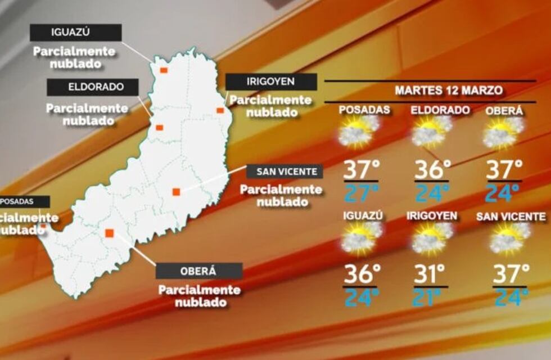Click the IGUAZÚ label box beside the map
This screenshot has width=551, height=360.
[x=75, y=32]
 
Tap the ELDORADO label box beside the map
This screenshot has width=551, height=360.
[x=92, y=87]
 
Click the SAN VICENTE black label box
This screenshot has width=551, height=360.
[x=284, y=172]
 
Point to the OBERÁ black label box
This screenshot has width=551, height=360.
[x=198, y=271]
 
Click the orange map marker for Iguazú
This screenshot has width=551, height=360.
[x=163, y=70]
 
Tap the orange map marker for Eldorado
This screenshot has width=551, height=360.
[x=159, y=128]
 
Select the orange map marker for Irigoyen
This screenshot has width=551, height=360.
[x=220, y=110]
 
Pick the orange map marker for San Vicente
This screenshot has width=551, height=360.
[x=176, y=192]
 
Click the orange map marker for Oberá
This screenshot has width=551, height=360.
[x=109, y=232]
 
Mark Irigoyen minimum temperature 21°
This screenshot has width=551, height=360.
[x=431, y=298]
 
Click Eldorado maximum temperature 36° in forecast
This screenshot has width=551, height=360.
[x=433, y=169]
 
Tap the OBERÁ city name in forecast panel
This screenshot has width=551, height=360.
[x=504, y=111]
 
